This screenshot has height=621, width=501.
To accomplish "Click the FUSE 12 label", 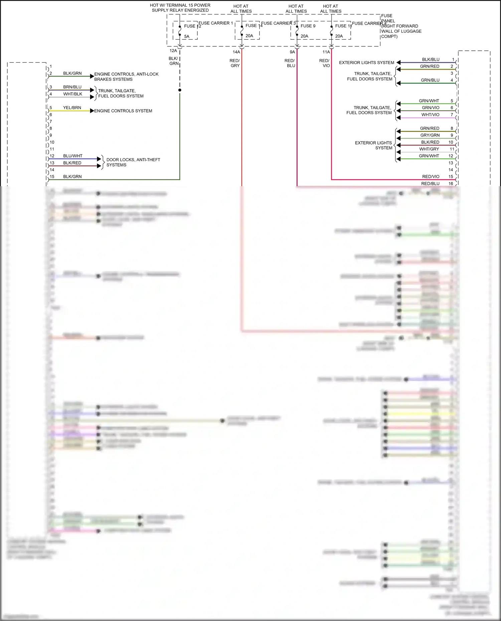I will [x=192, y=26].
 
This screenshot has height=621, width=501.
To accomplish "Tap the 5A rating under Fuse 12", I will [x=187, y=36].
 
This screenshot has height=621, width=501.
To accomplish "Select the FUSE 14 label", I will [x=254, y=26].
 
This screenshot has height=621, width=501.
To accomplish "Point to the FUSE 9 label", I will [x=308, y=26].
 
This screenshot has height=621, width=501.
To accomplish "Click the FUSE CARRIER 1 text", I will [x=215, y=23].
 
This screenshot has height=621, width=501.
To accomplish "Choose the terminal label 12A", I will [x=173, y=51].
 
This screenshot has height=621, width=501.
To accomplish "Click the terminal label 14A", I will [x=236, y=52].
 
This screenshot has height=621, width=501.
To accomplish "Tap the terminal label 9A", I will [x=292, y=52].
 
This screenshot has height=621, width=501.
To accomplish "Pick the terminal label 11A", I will [x=326, y=52].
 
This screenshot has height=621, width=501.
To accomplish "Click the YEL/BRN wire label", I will [x=72, y=108].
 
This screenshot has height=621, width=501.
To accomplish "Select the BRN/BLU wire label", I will [x=72, y=87].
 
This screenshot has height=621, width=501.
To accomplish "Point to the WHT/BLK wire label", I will [x=72, y=94].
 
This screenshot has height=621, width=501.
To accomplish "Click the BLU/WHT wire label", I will [x=72, y=156].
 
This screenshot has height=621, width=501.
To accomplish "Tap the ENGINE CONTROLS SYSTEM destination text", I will [x=123, y=111].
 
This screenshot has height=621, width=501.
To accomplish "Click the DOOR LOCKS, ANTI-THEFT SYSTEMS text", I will [x=133, y=162].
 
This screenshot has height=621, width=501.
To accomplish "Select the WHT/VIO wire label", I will [x=430, y=115].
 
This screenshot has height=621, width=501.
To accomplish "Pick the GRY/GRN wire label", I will [x=430, y=135].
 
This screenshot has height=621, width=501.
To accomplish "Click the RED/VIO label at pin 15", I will [x=431, y=177].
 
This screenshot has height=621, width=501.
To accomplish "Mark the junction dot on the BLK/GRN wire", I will [x=180, y=90].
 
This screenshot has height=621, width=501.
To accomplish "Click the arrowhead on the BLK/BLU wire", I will [x=398, y=62].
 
